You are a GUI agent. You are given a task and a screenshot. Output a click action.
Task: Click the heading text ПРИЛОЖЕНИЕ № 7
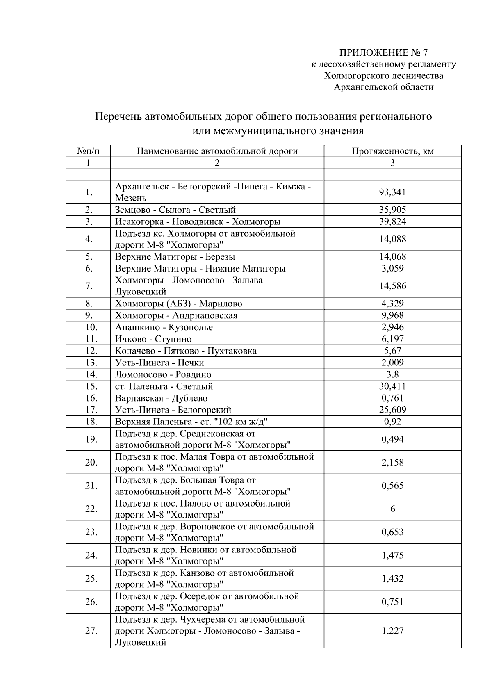383,53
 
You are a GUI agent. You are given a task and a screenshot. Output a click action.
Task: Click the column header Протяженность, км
392,151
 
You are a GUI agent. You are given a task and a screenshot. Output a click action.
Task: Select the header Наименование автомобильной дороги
217,151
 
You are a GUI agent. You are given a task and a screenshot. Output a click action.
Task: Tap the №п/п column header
88,151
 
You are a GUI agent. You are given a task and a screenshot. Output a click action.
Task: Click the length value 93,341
392,192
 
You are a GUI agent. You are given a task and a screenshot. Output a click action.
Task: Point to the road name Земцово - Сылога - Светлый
175,210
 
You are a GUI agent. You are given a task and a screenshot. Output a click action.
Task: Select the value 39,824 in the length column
392,222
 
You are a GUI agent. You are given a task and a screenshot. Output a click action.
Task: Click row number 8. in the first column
89,304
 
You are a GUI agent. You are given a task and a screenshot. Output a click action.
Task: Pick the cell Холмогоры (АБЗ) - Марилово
178,304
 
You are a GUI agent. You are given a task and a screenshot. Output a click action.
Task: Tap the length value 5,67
392,351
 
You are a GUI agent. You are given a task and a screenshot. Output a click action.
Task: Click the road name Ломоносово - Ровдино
163,374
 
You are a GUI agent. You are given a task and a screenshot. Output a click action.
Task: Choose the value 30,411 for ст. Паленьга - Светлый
392,386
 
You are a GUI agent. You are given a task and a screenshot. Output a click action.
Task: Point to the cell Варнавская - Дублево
161,398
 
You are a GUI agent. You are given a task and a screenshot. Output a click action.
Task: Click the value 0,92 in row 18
392,422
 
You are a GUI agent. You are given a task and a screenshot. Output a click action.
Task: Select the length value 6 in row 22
392,509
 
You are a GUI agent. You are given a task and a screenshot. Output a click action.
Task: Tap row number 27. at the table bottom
91,631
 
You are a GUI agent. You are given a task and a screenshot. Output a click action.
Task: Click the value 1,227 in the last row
392,631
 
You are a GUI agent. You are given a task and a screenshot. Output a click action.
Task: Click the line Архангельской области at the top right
383,87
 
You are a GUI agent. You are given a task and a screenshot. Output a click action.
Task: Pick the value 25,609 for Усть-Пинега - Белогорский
392,410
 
